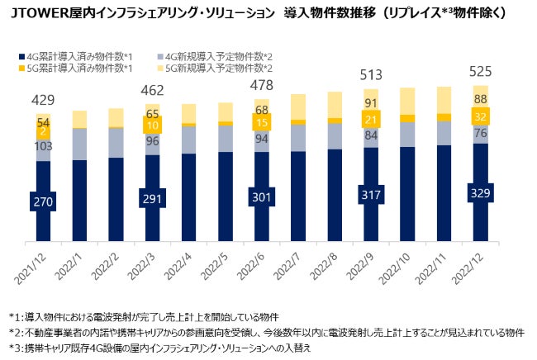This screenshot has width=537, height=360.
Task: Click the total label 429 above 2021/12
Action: click(42, 100)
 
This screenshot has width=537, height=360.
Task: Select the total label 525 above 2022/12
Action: click(480, 73)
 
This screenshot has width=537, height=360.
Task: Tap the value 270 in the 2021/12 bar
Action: click(42, 201)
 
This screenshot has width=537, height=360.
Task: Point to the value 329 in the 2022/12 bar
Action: click(480, 193)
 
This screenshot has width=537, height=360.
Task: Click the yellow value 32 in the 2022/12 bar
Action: click(480, 116)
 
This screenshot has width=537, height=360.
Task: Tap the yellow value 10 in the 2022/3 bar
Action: click(151, 126)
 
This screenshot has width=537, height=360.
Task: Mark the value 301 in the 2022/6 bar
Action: click(261, 197)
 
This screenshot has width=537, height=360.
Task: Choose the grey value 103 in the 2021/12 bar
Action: click(42, 145)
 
